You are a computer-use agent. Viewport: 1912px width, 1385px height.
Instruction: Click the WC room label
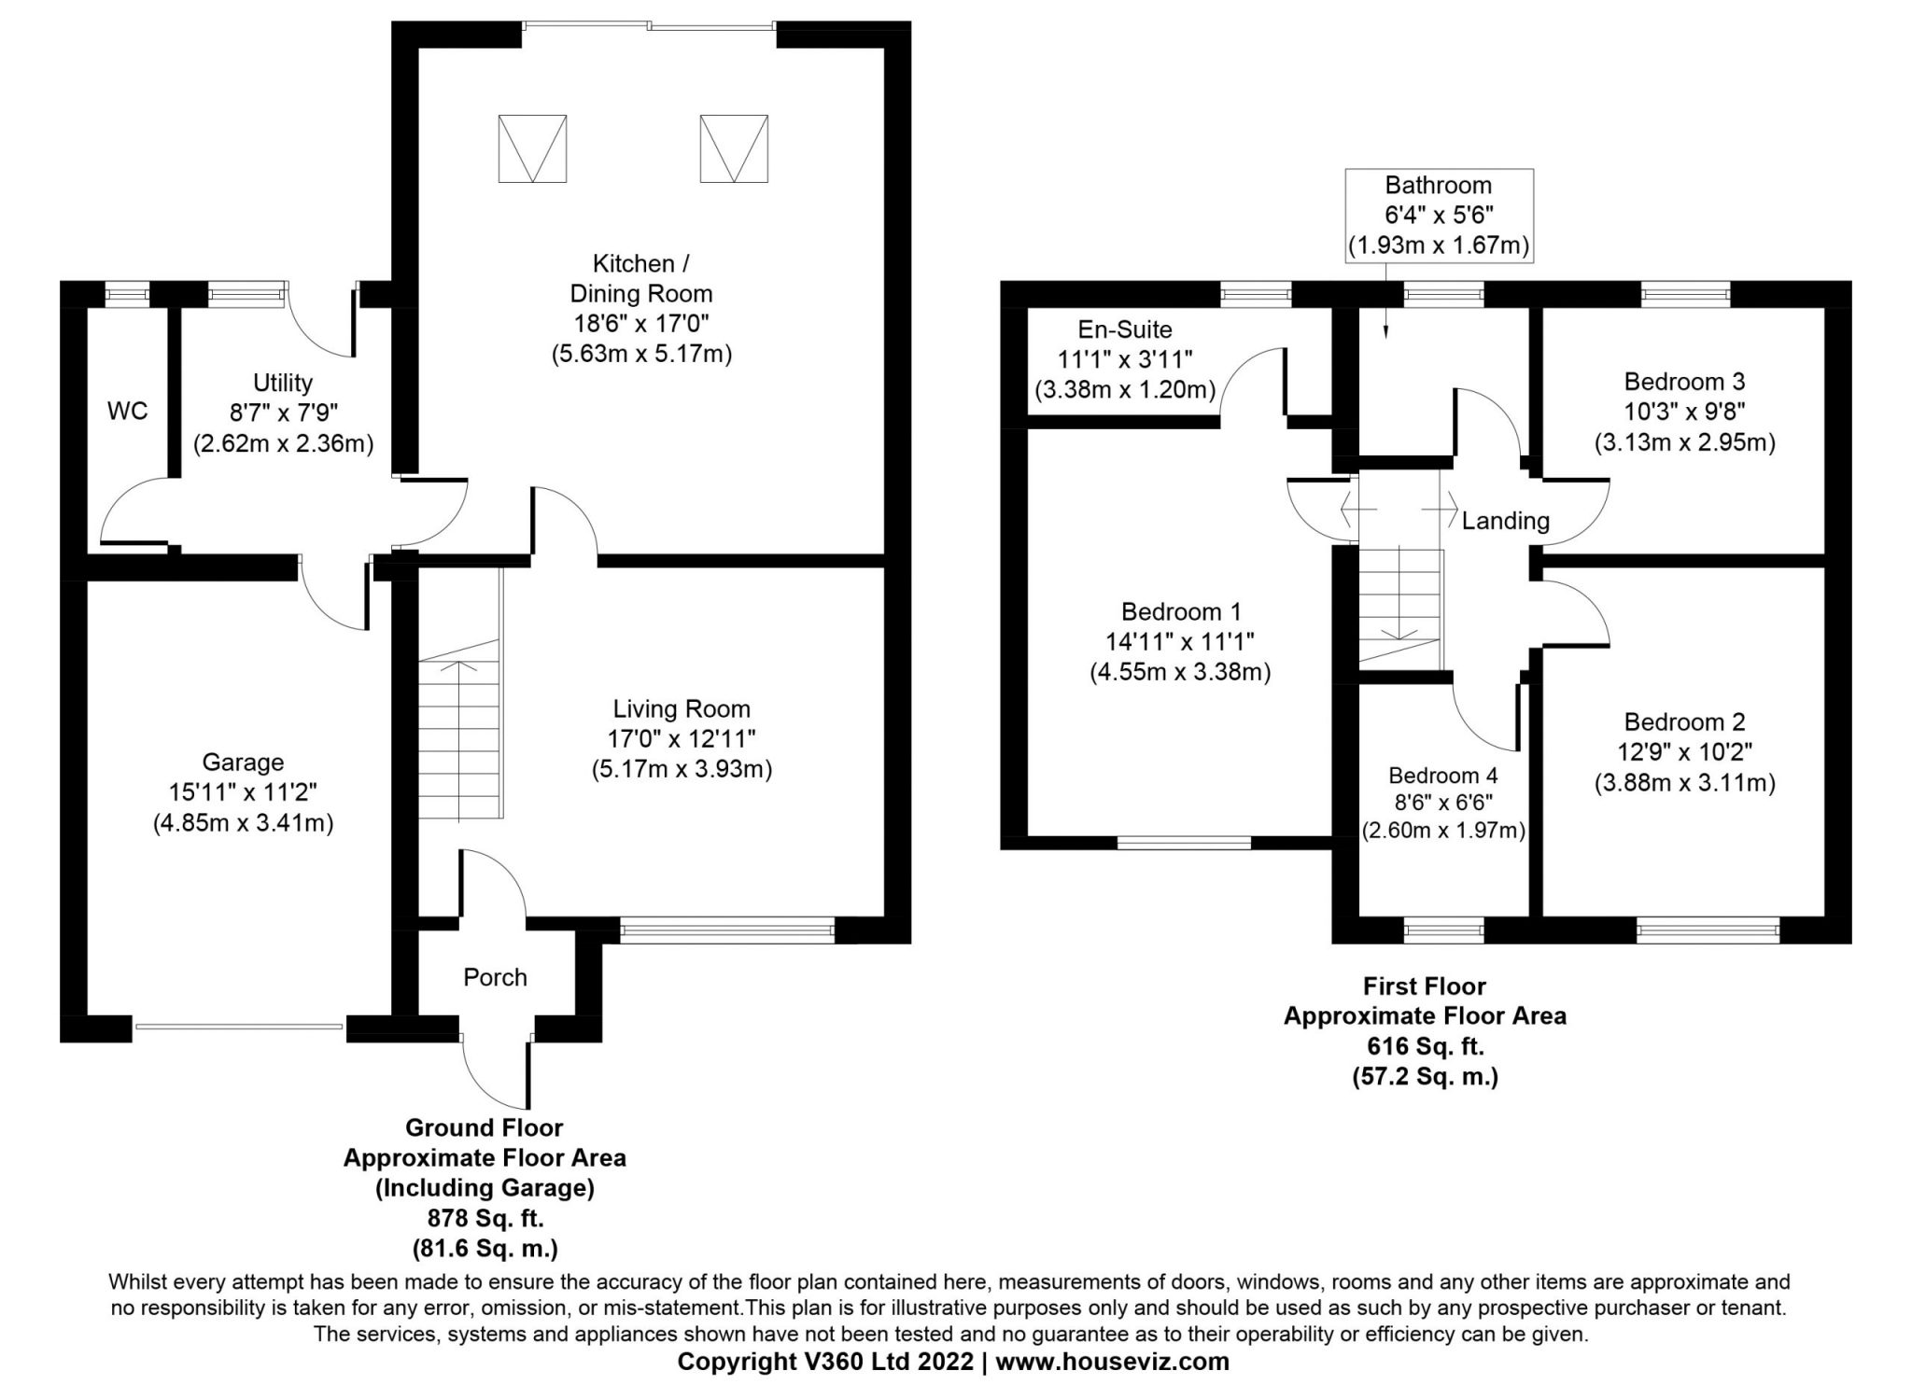[127, 412]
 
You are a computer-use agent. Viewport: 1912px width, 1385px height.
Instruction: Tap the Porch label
[495, 977]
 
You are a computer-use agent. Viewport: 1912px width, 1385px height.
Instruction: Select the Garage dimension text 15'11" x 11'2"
[243, 793]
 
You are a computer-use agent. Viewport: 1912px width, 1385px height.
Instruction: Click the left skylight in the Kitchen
[532, 148]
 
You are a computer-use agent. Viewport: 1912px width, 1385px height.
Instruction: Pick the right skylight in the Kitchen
[734, 148]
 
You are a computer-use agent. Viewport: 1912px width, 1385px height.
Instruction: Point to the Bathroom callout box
[1439, 215]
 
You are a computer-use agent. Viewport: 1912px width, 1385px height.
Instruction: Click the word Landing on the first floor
[1505, 521]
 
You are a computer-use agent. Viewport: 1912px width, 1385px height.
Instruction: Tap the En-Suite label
[1125, 329]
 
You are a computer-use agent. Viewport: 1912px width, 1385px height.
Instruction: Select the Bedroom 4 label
[1443, 776]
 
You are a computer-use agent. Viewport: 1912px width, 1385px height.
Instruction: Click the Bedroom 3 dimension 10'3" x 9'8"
[1684, 412]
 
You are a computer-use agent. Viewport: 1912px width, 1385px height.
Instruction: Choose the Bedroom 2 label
[1684, 721]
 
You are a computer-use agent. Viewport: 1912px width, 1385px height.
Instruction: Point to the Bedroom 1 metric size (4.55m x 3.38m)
[1180, 672]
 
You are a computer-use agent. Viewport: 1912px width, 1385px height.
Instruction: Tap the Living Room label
[682, 708]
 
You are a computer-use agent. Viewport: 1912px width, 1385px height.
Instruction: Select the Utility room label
[283, 383]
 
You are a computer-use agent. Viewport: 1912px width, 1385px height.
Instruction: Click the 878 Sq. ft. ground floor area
[485, 1218]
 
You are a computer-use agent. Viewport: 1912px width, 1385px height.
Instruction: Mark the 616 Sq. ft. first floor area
[1425, 1046]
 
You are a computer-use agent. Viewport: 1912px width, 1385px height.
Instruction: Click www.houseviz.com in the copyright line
[1112, 1362]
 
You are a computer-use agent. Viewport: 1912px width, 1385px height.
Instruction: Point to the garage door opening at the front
[239, 1028]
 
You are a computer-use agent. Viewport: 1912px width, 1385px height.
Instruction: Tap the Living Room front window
[727, 930]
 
